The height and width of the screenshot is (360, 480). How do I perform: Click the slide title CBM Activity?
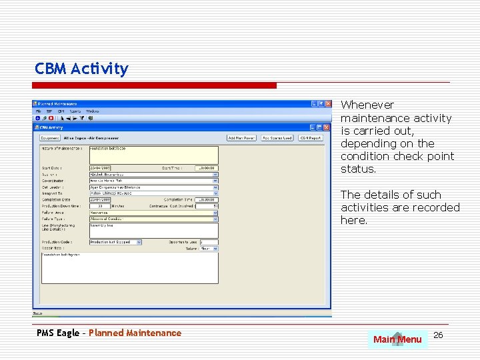click(81, 69)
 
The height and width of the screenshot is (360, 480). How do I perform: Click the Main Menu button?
click(397, 339)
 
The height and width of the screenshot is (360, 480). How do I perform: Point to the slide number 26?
click(438, 335)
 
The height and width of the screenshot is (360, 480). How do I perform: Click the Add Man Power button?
click(241, 138)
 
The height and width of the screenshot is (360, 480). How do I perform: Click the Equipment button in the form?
click(50, 138)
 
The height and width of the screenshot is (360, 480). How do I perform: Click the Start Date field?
click(100, 168)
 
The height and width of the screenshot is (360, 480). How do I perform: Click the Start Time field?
click(206, 168)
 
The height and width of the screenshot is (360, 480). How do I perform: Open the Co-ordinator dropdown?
click(215, 180)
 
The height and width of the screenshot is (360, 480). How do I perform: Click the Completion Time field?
click(206, 199)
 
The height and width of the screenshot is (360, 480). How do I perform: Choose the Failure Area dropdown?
click(215, 212)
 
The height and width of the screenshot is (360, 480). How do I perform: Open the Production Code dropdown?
click(139, 242)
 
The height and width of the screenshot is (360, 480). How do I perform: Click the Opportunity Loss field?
click(209, 242)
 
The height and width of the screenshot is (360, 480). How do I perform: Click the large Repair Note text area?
click(129, 270)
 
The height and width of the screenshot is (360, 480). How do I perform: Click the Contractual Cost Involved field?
click(207, 205)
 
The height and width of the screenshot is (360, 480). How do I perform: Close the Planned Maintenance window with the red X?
click(327, 104)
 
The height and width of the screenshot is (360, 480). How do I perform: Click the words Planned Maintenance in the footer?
click(135, 333)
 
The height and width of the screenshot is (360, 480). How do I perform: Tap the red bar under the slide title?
click(155, 85)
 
